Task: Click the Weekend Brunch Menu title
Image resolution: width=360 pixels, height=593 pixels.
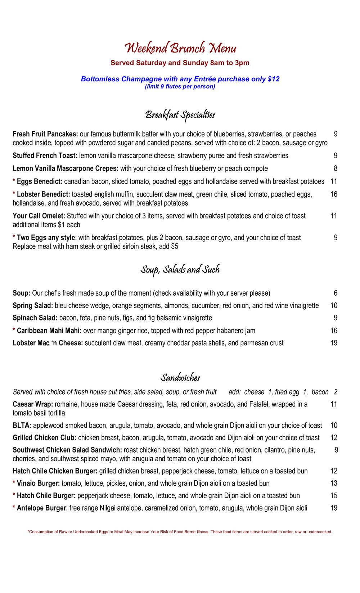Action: coord(180,48)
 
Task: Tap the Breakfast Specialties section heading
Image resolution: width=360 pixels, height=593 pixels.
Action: coord(180,115)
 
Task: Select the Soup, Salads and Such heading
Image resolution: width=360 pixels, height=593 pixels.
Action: coord(180,270)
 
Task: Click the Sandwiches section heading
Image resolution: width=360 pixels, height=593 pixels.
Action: coord(180,378)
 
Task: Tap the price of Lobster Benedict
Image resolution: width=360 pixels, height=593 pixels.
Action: coord(334,194)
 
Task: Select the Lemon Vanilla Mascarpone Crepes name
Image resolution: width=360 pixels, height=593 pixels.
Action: coord(66,169)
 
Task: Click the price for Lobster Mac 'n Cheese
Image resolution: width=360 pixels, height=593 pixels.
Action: coord(334,343)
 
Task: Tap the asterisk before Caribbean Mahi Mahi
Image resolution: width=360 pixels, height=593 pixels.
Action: coord(14,331)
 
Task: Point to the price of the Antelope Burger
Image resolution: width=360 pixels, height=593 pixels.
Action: coord(334,508)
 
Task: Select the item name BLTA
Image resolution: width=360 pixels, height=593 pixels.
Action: coord(22,426)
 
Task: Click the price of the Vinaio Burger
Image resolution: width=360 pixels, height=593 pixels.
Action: coord(334,483)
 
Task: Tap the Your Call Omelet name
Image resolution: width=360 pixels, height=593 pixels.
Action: coord(39,216)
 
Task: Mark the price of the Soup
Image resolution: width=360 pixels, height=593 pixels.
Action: coord(336,293)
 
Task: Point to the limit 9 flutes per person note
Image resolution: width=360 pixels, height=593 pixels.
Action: coord(180,87)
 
